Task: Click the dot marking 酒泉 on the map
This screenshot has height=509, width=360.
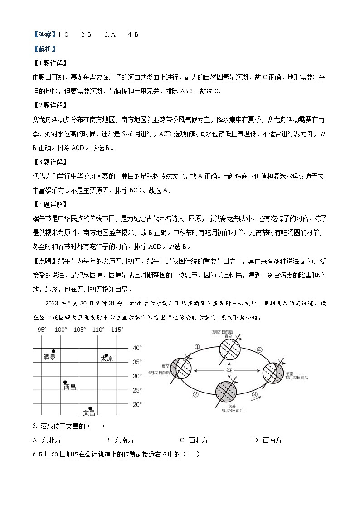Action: click(54, 351)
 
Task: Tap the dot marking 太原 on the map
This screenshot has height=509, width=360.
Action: click(107, 355)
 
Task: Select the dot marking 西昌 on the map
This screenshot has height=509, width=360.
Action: click(65, 382)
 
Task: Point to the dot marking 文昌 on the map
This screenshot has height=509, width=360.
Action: click(90, 408)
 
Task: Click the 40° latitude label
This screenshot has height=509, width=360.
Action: click(137, 348)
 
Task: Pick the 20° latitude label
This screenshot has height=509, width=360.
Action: click(137, 404)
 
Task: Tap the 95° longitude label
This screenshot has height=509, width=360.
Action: click(42, 330)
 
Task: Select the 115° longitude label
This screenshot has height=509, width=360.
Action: click(117, 330)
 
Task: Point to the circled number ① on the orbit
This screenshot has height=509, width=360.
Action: click(197, 347)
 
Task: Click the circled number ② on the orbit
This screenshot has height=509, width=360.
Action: click(195, 394)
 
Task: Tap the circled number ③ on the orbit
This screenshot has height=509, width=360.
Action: click(254, 394)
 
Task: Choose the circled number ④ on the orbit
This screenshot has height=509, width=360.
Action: click(259, 349)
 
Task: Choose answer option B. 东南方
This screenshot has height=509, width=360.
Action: click(120, 440)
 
